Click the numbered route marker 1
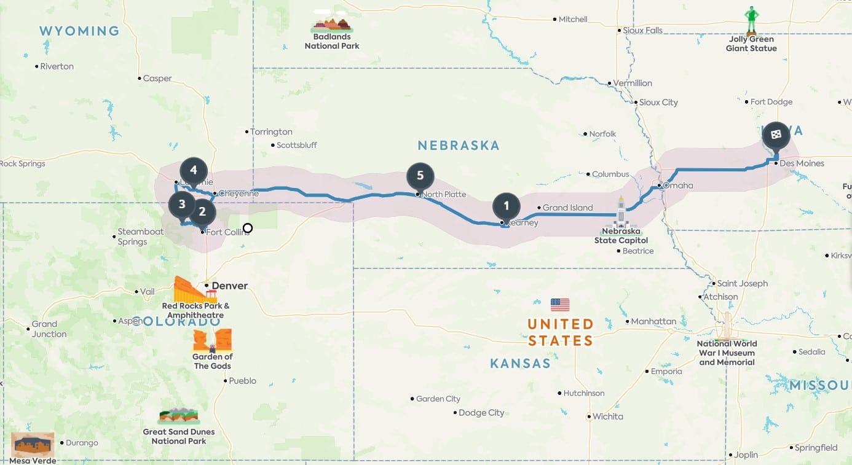click(x=506, y=206)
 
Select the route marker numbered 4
click(x=193, y=170)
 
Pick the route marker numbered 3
click(x=182, y=204)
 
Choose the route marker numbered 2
click(x=202, y=213)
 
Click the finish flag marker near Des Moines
click(x=776, y=135)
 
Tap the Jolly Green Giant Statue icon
click(x=751, y=21)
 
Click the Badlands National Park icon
click(x=332, y=23)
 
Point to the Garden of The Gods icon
click(x=212, y=340)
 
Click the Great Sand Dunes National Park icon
click(x=178, y=416)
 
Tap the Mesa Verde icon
click(x=33, y=444)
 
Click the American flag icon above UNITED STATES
click(x=560, y=305)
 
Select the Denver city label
click(x=230, y=286)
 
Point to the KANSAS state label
click(x=520, y=364)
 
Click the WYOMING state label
click(x=79, y=31)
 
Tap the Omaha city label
click(x=678, y=186)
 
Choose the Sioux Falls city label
click(x=642, y=30)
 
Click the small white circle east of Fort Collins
click(x=247, y=229)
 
